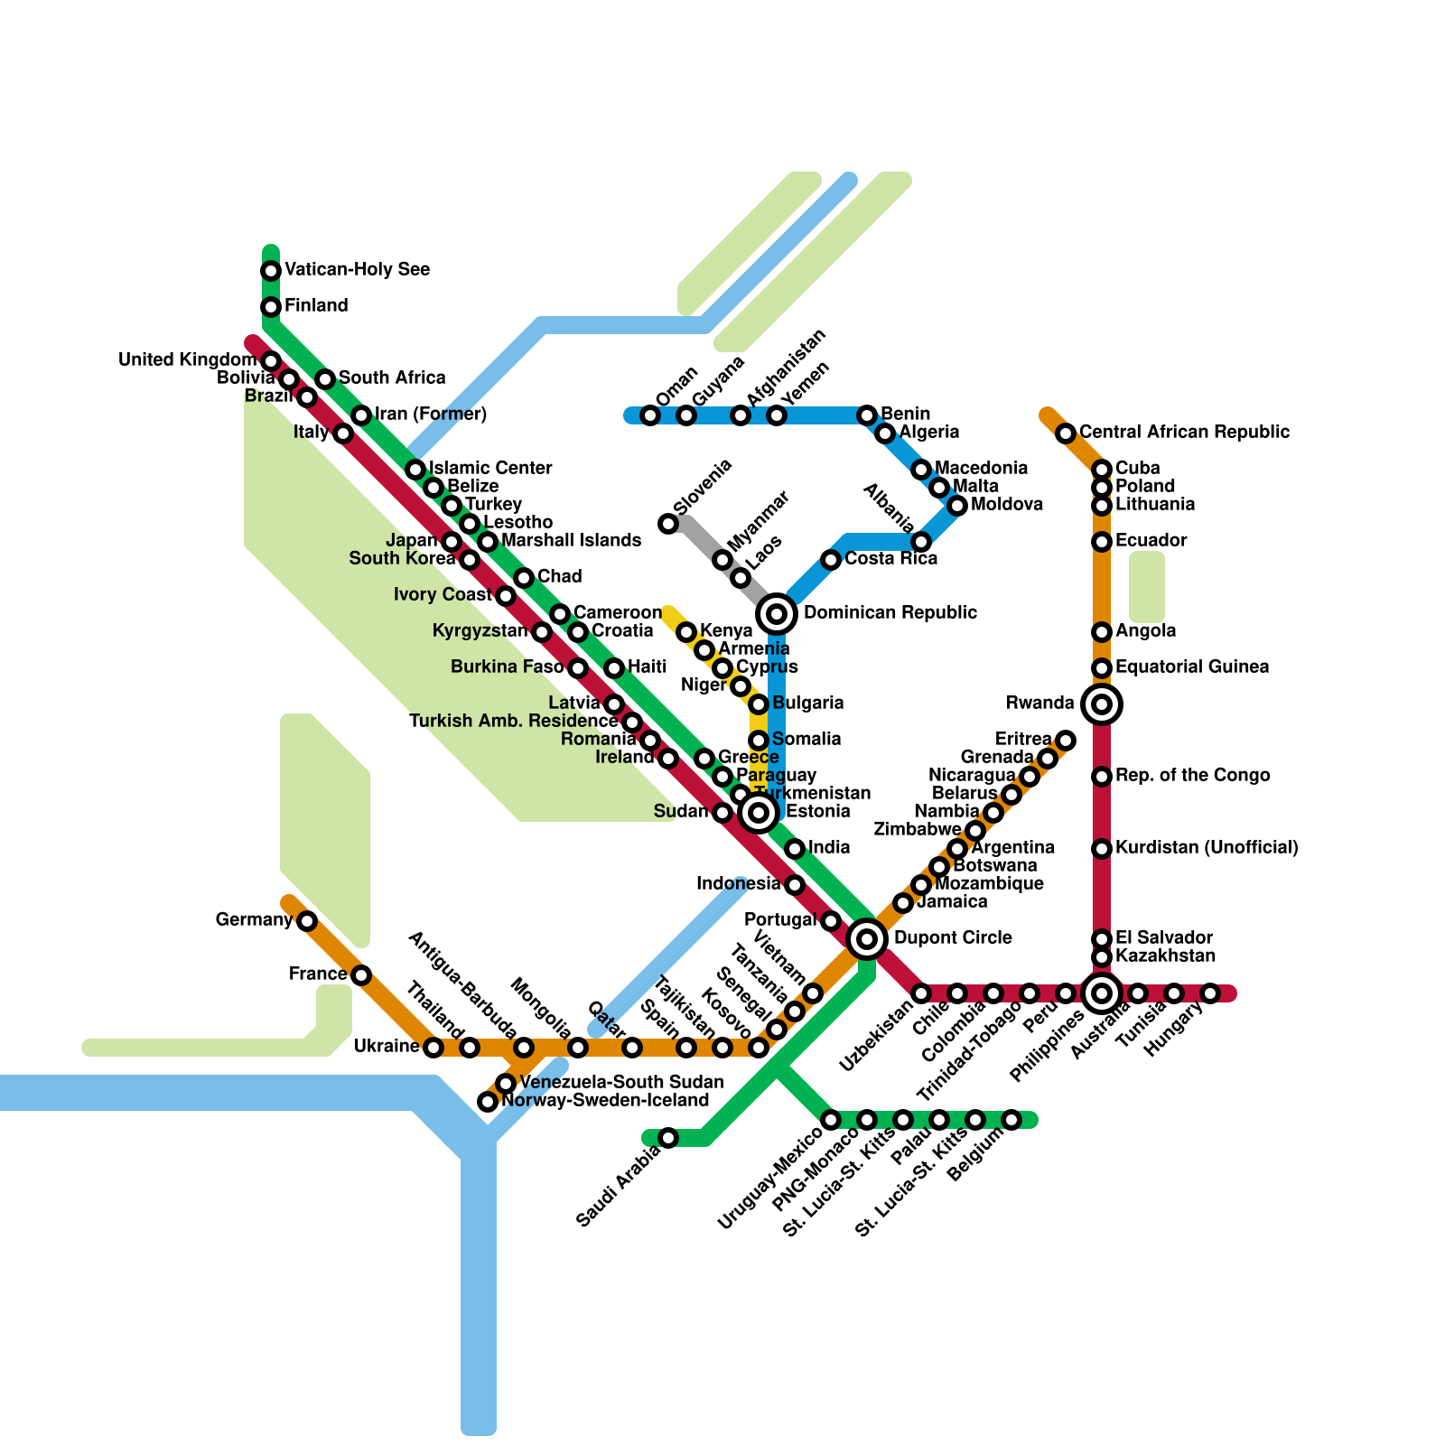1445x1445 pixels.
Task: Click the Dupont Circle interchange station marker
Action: (x=867, y=939)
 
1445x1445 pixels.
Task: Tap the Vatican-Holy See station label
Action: (x=357, y=270)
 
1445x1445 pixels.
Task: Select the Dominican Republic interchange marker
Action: (x=777, y=614)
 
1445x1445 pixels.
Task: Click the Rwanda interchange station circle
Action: (x=1102, y=704)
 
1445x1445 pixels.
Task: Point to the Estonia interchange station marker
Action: (x=759, y=813)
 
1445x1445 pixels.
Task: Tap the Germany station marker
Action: (x=307, y=921)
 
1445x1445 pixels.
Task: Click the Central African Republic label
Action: (x=1184, y=433)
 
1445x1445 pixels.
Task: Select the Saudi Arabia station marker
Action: (x=668, y=1138)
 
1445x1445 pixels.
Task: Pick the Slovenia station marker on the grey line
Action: (x=668, y=524)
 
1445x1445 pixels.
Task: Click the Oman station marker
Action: (x=650, y=415)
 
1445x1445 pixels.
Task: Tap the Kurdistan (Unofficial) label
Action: (x=1207, y=848)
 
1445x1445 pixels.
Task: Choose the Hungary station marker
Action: (x=1210, y=993)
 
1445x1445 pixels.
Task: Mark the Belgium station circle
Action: (x=1011, y=1120)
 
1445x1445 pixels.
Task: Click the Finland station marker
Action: (x=271, y=307)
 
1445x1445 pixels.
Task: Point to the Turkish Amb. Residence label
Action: (x=513, y=722)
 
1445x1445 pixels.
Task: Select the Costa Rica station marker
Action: (x=831, y=560)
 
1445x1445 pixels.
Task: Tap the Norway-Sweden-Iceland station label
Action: (x=605, y=1101)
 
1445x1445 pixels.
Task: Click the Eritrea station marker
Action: (x=1066, y=741)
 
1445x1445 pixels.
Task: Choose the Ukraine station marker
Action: (x=433, y=1048)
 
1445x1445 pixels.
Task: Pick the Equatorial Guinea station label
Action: (x=1192, y=667)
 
